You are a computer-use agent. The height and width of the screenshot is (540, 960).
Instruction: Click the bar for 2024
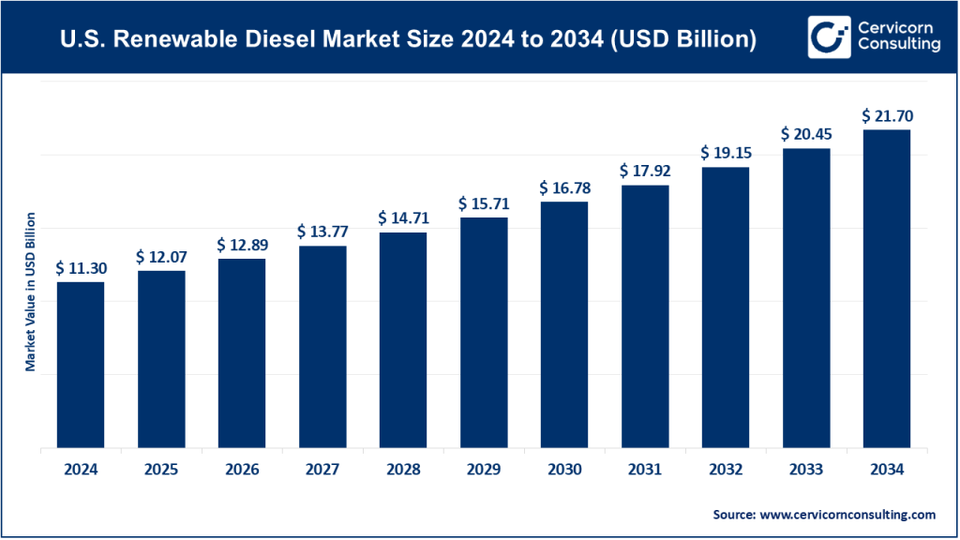(x=81, y=366)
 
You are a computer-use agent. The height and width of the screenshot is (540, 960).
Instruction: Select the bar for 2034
(x=886, y=290)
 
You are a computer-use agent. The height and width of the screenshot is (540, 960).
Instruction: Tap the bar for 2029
(x=483, y=334)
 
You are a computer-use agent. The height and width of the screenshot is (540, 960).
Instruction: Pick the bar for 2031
(x=644, y=318)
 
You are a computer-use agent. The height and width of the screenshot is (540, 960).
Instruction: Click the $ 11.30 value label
(x=81, y=268)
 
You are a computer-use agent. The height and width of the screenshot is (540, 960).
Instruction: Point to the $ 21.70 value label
(x=887, y=116)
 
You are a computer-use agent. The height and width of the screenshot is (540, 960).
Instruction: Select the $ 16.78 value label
(x=564, y=188)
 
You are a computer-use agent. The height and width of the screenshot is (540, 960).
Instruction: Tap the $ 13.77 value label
(x=322, y=231)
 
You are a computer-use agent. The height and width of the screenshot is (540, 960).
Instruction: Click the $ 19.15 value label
(x=726, y=153)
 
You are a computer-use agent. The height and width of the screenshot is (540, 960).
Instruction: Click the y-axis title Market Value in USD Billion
(x=30, y=292)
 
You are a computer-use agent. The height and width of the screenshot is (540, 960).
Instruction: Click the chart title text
(x=408, y=40)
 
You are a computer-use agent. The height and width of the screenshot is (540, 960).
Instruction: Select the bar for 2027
(x=322, y=348)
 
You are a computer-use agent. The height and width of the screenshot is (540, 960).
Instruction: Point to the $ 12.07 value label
(x=161, y=257)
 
